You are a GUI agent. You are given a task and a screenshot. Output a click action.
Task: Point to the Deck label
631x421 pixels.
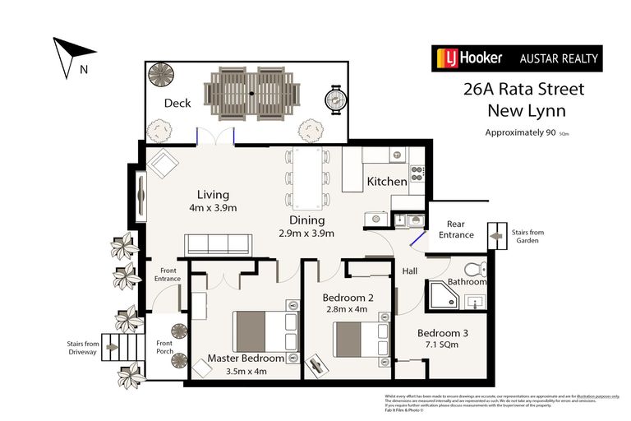pos(177,104)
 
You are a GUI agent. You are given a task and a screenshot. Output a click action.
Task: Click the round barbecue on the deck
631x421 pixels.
pos(335,101)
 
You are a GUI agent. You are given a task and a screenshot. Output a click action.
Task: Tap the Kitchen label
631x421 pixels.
pos(386,181)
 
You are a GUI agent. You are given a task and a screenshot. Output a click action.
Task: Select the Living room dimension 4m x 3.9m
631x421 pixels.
pos(212,208)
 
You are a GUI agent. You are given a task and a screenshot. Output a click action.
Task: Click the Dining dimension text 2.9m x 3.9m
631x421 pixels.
pos(306,234)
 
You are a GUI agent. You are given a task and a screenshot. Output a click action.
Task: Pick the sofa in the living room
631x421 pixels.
pos(218,244)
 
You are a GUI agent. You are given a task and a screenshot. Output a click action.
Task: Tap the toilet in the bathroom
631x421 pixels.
pos(473,271)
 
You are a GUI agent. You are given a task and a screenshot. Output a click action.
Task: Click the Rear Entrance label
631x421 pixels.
pos(455,229)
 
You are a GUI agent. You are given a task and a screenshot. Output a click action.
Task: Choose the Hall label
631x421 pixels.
pos(410,271)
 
